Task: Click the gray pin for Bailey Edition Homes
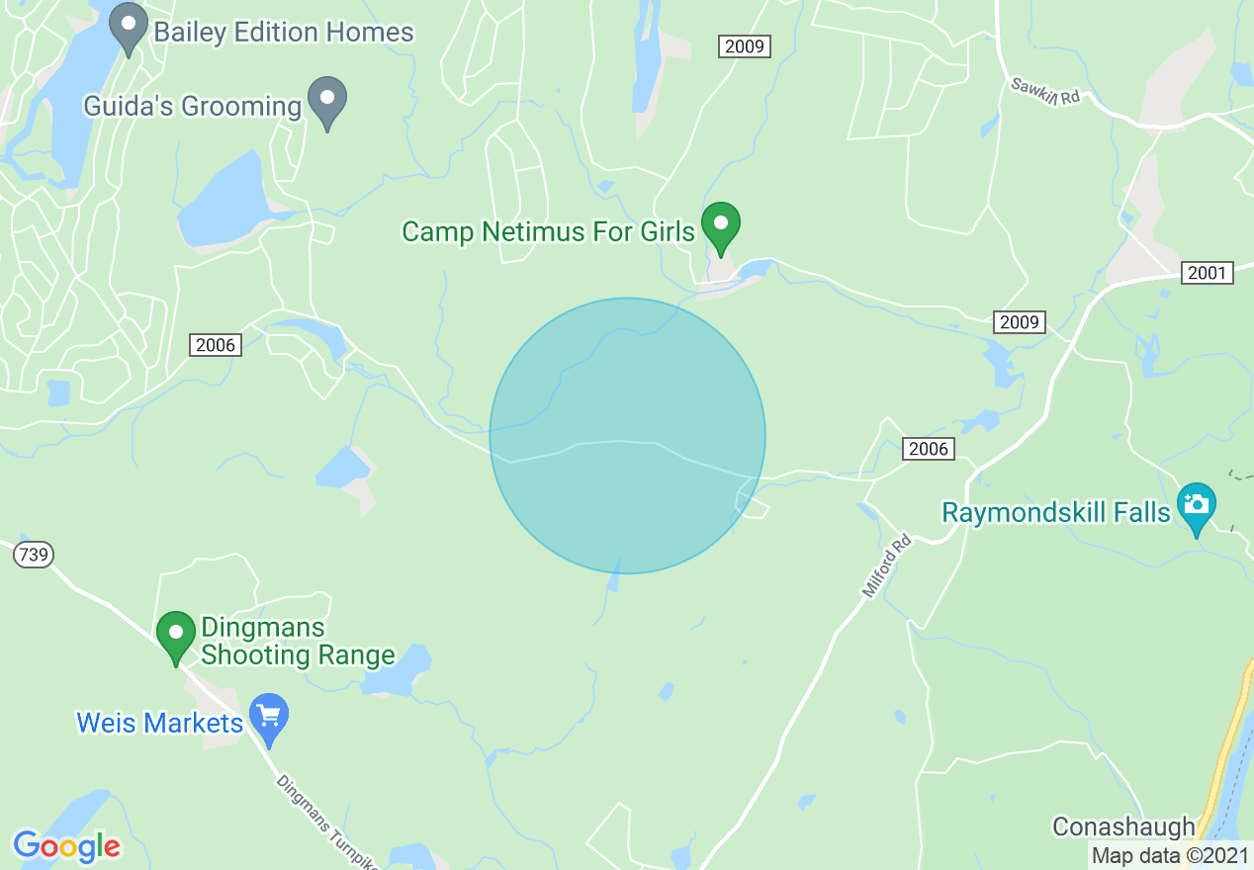[128, 28]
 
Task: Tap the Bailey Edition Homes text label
[283, 32]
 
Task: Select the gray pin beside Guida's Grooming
[326, 101]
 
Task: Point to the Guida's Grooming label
[192, 107]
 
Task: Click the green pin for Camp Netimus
[721, 225]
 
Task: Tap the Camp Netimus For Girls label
[549, 232]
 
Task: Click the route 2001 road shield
[1208, 273]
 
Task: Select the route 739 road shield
[34, 555]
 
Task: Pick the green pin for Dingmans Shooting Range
[176, 635]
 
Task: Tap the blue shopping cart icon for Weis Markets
[268, 718]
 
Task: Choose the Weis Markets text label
[160, 723]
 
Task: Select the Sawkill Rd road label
[1045, 92]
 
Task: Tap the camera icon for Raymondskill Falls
[1196, 506]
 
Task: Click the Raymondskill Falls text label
[1056, 513]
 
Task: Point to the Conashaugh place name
[1122, 826]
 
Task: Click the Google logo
[66, 846]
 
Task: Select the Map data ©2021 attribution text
[1170, 855]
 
